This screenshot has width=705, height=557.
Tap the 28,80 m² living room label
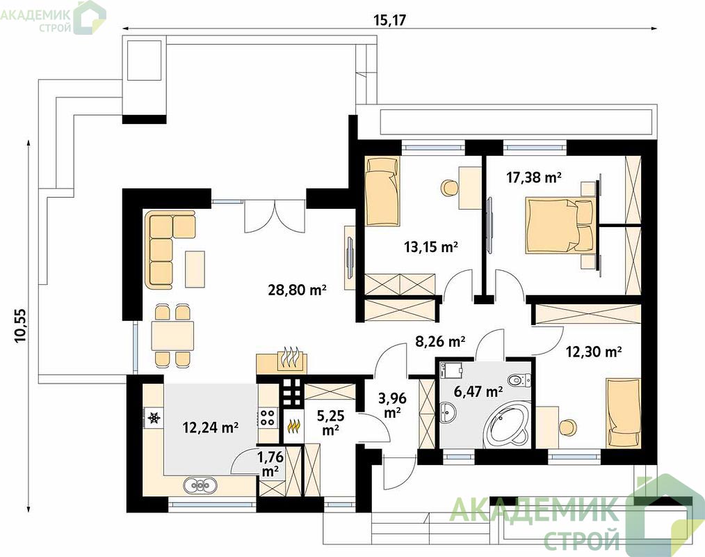click(297, 290)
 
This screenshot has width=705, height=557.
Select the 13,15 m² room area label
click(431, 246)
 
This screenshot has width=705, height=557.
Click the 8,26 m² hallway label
click(439, 341)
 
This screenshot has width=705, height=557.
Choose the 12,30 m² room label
click(594, 351)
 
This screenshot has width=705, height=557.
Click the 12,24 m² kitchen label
click(211, 427)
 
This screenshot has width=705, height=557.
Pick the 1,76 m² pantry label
click(270, 464)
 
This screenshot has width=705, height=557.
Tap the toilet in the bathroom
click(520, 380)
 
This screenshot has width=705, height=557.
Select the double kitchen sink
click(200, 485)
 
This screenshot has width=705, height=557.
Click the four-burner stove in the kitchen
click(266, 417)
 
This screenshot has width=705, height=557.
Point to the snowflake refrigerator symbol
click(154, 418)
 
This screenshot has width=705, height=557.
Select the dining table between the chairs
click(172, 336)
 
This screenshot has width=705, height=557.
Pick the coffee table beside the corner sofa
click(195, 269)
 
